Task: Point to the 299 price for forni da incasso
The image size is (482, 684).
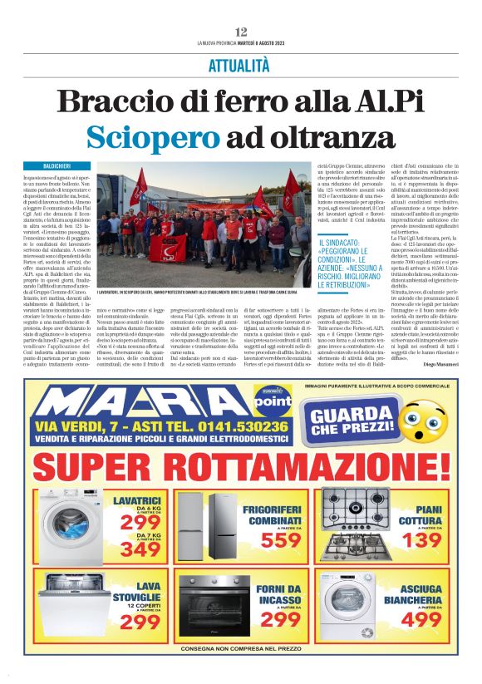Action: (280, 620)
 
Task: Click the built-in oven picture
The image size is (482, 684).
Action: (213, 607)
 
